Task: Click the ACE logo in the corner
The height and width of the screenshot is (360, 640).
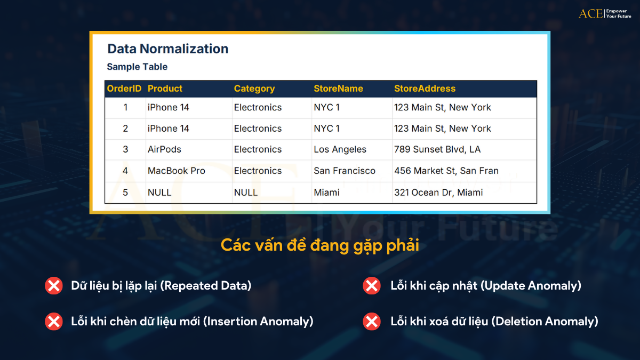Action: coord(604,13)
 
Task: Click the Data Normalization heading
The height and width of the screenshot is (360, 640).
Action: coord(167,49)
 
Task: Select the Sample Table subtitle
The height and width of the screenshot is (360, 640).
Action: coord(137,67)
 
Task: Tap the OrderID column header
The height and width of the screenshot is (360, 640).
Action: coord(124,89)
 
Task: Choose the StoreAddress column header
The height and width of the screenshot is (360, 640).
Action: coord(425,89)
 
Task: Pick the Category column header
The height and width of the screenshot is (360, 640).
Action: coord(254,89)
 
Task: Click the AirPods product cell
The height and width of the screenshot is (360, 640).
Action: coord(164,149)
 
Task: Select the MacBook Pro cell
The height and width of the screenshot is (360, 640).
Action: coord(176,171)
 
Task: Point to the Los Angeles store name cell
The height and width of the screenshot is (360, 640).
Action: coord(340,149)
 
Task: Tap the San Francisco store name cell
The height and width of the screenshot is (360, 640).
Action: coord(345,171)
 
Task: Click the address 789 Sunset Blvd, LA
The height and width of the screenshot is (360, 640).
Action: coord(437,149)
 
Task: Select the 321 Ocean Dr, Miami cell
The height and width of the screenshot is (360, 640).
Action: coord(438,193)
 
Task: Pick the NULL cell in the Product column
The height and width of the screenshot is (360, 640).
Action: coord(159,193)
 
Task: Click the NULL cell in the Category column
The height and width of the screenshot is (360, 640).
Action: coord(246,193)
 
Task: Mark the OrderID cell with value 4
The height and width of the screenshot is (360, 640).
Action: coord(125,171)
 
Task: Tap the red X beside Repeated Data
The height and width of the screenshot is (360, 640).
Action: coord(53,286)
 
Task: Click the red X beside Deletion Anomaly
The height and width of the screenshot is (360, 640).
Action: coord(371,322)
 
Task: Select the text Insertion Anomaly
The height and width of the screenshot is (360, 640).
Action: coord(258,322)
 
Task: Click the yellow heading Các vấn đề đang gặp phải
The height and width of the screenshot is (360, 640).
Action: coord(320,245)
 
